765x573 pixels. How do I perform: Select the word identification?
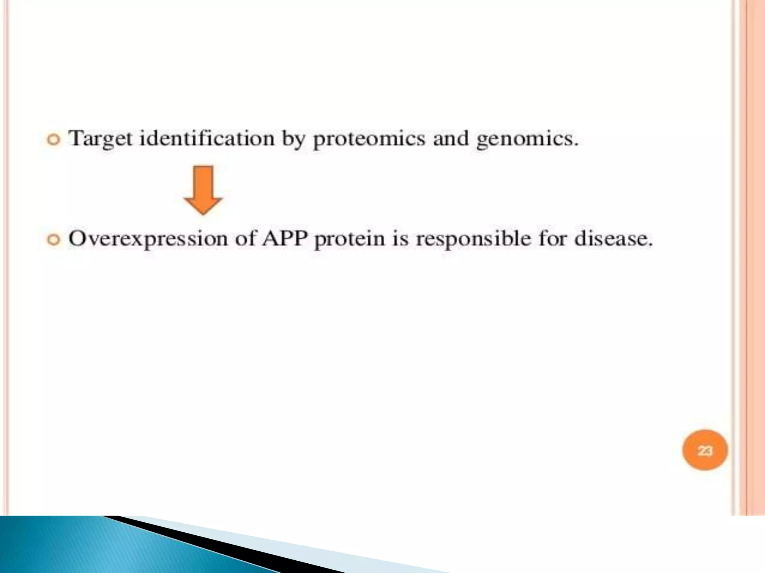[207, 138]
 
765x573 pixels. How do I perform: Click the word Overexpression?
[148, 239]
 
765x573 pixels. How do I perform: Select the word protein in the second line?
[349, 239]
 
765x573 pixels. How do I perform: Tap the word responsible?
[473, 239]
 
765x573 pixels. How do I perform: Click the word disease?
[613, 238]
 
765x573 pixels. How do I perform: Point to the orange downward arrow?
[203, 190]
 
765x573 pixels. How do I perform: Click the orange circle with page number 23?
[704, 451]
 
